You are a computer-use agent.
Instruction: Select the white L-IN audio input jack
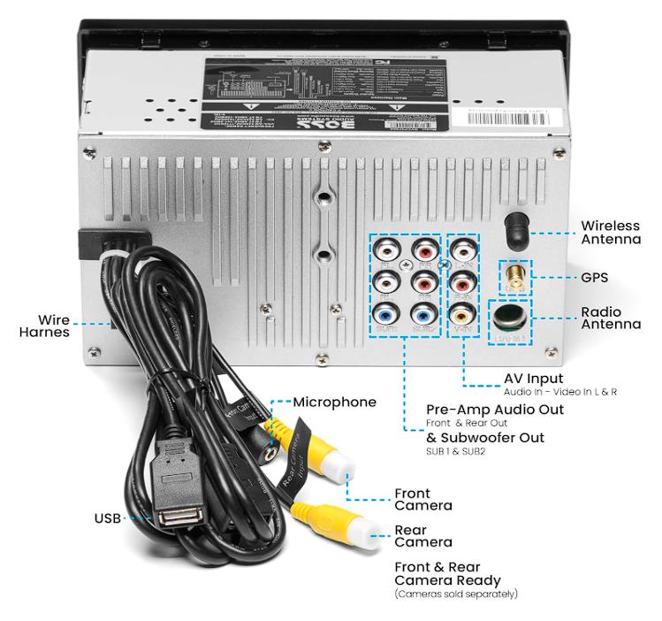coord(463,249)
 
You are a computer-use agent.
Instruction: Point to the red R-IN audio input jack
coord(463,281)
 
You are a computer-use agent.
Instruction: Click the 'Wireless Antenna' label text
coord(611,232)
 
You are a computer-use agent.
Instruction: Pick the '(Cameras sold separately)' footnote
coord(456,594)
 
